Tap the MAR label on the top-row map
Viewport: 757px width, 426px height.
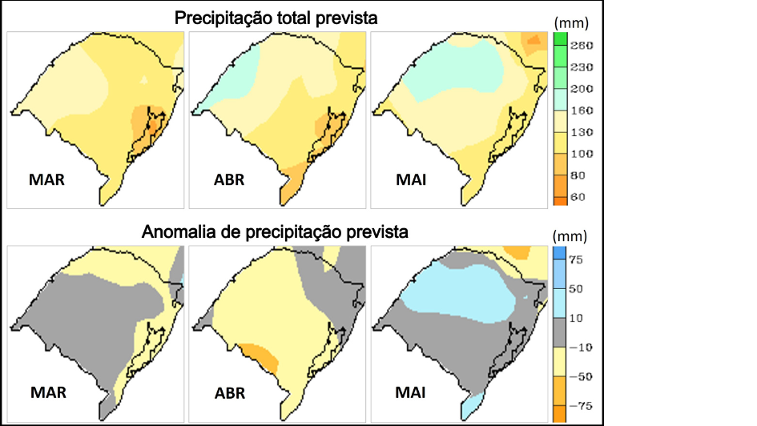(46, 180)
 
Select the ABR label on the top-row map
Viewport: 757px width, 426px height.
(229, 180)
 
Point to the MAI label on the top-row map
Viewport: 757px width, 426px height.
(411, 180)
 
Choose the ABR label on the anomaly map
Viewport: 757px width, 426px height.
(229, 393)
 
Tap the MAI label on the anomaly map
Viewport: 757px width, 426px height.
(411, 393)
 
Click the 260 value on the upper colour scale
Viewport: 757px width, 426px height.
(581, 46)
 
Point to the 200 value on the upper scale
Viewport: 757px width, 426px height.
(581, 89)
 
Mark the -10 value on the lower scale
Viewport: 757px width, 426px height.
(580, 347)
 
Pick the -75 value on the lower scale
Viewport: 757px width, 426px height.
(580, 405)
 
